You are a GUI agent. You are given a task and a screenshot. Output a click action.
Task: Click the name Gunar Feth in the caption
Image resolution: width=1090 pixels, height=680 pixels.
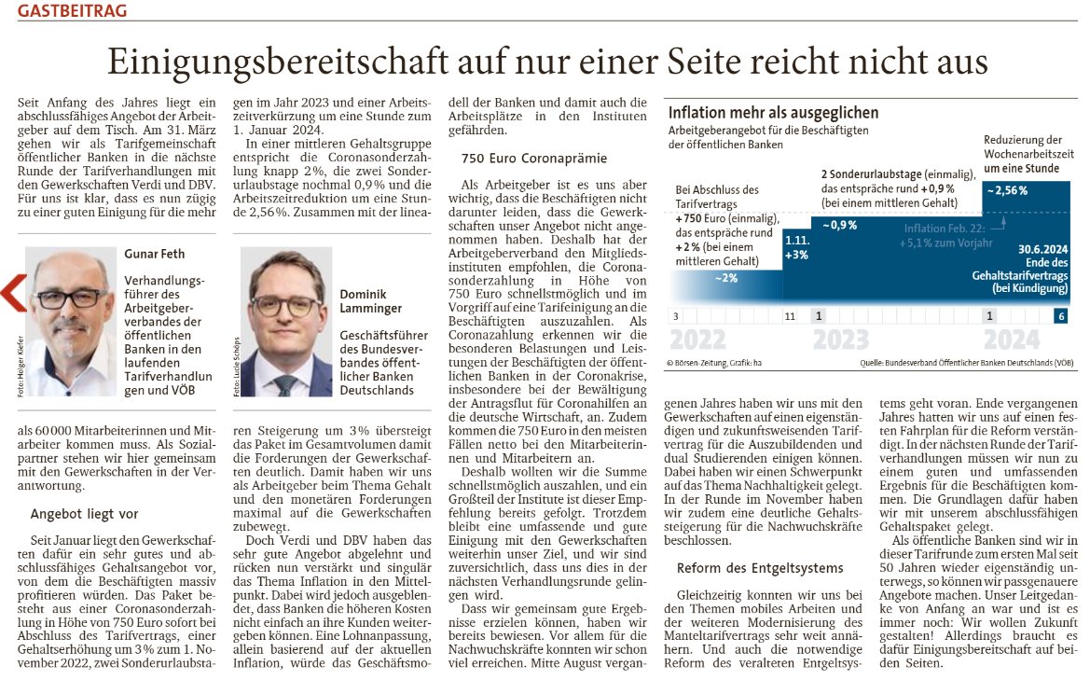154,253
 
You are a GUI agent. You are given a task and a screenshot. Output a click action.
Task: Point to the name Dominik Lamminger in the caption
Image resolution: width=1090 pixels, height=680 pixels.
370,301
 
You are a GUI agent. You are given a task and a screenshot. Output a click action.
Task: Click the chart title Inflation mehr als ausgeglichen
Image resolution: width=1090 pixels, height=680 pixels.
773,114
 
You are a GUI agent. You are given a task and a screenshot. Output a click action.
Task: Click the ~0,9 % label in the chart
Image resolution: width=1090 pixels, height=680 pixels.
839,225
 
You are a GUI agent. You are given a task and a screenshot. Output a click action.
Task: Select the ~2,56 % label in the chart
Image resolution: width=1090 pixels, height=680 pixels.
1005,190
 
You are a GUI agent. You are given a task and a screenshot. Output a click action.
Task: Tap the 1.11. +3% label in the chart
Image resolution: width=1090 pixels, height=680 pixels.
797,249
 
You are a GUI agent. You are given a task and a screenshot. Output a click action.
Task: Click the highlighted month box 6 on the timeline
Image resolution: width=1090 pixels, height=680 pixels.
1061,316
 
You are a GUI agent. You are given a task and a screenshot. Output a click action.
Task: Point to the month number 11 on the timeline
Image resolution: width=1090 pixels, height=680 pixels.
791,316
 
